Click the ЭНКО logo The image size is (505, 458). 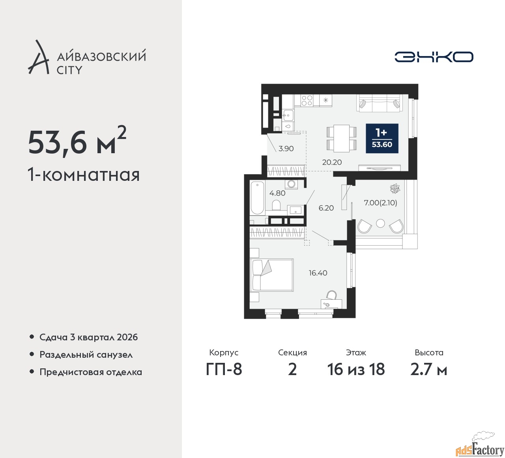pos(434,57)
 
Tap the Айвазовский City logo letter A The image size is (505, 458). pos(38,57)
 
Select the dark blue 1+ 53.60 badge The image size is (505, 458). pos(382,138)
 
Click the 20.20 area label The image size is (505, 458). pos(332,162)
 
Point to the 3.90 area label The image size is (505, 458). pos(286,148)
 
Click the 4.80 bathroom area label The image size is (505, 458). pos(277,193)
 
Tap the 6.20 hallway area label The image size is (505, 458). pos(326,208)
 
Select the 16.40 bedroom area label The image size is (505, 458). pos(318,273)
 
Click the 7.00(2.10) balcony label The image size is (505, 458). pos(380,203)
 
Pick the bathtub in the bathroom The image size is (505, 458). pos(257,198)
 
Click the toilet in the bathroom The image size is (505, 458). pos(276,205)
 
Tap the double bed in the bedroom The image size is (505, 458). pos(272,275)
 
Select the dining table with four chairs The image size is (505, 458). pos(341,138)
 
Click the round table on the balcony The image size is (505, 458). pos(380,223)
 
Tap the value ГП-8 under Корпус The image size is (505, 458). pos(224,370)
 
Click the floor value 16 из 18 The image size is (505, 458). pos(356,370)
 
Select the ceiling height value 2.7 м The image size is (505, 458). pos(429,370)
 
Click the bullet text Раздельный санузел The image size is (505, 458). pos(86,355)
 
